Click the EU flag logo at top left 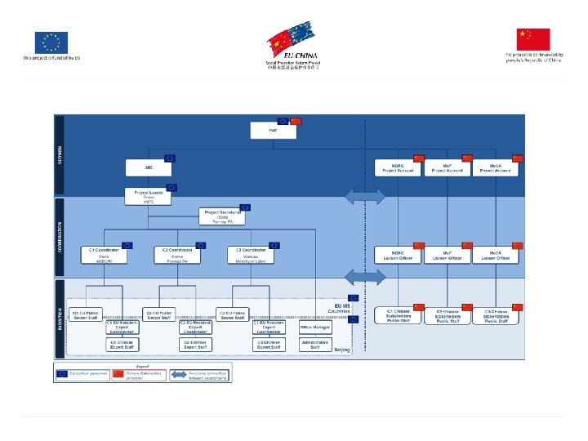tap(51, 42)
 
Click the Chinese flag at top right tap(533, 39)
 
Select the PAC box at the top tap(274, 131)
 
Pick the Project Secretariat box tap(221, 216)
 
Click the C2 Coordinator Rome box tap(177, 255)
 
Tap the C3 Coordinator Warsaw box tap(250, 255)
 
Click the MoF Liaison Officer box tap(448, 255)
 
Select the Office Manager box tap(314, 327)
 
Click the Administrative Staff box tap(314, 344)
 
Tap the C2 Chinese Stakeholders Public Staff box tap(448, 316)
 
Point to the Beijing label tap(342, 349)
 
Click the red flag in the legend tap(118, 373)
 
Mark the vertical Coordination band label tap(59, 237)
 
